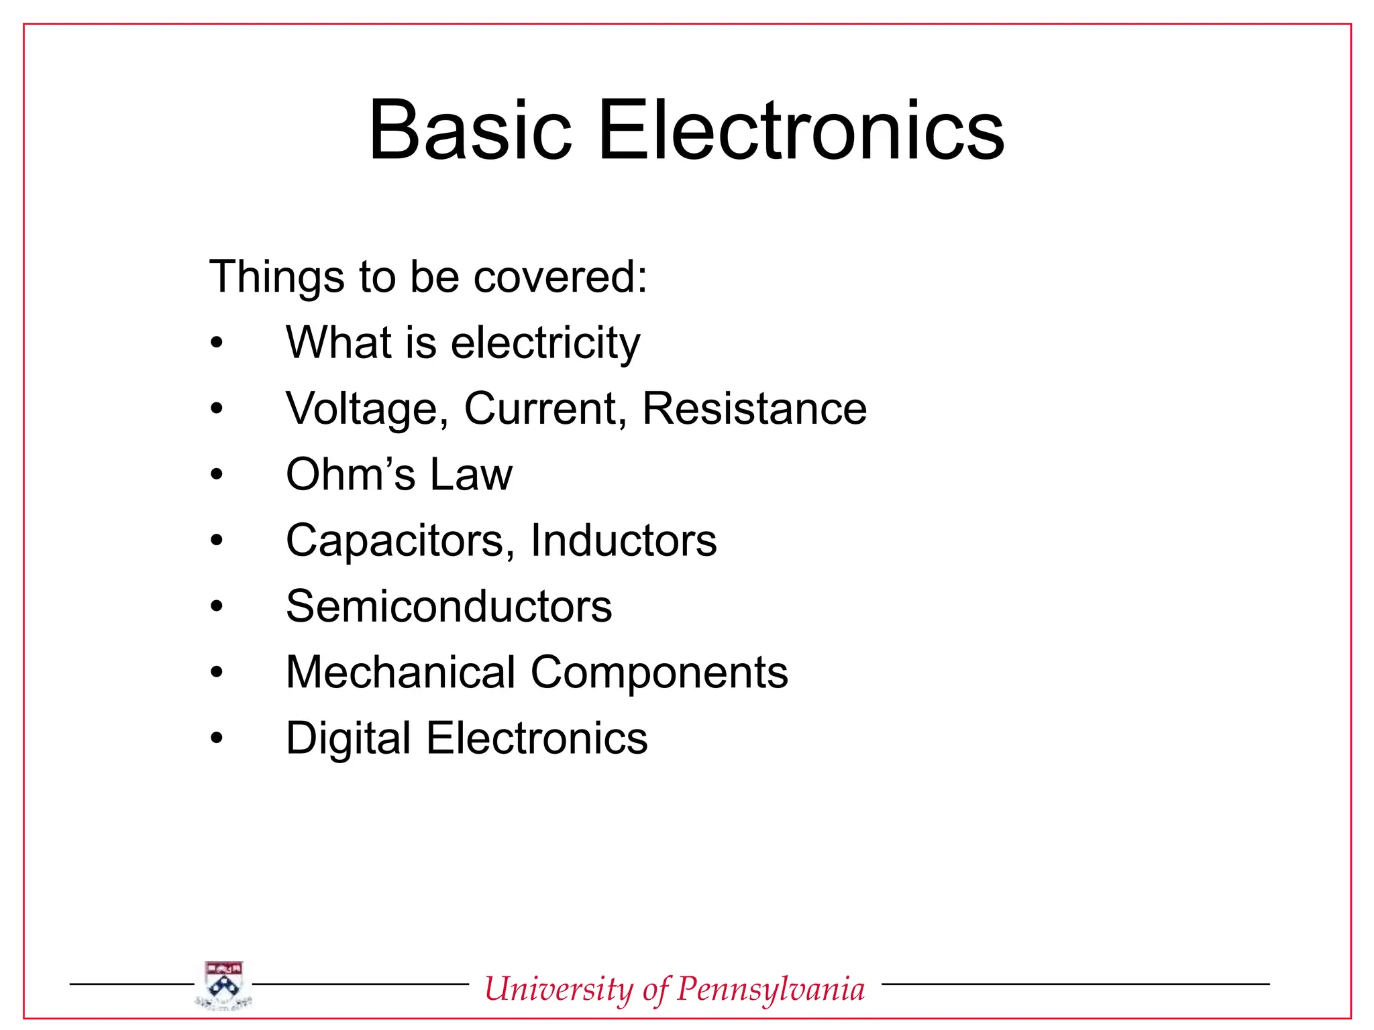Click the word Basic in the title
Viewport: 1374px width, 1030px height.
pyautogui.click(x=470, y=130)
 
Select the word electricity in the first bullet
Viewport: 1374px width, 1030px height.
pyautogui.click(x=545, y=343)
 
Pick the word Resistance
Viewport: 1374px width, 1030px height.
pyautogui.click(x=754, y=408)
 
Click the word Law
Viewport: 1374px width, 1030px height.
pyautogui.click(x=471, y=474)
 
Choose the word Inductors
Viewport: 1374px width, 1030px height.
pyautogui.click(x=623, y=540)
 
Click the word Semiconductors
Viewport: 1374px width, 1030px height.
pyautogui.click(x=449, y=606)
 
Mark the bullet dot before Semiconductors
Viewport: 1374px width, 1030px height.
pyautogui.click(x=216, y=606)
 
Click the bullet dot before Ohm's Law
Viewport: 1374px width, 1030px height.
pyautogui.click(x=216, y=474)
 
